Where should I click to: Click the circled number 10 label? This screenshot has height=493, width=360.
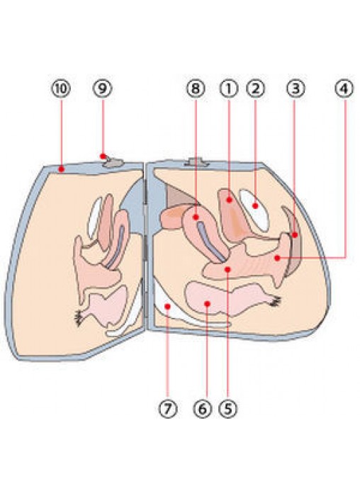[61, 89]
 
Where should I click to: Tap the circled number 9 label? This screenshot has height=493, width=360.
[103, 89]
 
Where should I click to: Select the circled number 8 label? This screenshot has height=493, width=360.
[196, 89]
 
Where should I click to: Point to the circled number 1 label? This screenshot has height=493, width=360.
[229, 89]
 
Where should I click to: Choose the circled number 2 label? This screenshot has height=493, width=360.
[256, 89]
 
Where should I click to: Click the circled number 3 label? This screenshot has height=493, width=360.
[296, 89]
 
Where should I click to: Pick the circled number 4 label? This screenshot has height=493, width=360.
[344, 89]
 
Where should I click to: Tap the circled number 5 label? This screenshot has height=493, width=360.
[228, 409]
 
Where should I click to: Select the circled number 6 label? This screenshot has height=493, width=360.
[203, 409]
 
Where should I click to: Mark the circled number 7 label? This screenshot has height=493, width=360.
[168, 409]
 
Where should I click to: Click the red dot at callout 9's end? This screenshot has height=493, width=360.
[103, 156]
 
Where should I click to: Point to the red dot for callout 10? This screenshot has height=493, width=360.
[62, 169]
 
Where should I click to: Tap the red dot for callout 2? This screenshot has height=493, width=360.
[256, 206]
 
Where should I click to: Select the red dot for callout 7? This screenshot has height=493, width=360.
[168, 306]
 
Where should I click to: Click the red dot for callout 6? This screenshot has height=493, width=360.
[207, 303]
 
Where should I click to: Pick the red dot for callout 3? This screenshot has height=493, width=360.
[295, 235]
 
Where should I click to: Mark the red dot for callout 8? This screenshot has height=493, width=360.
[196, 217]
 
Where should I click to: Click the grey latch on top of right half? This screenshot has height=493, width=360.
[197, 162]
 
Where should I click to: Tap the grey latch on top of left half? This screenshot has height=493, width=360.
[113, 162]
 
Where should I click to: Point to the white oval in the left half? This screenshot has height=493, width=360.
[95, 217]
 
